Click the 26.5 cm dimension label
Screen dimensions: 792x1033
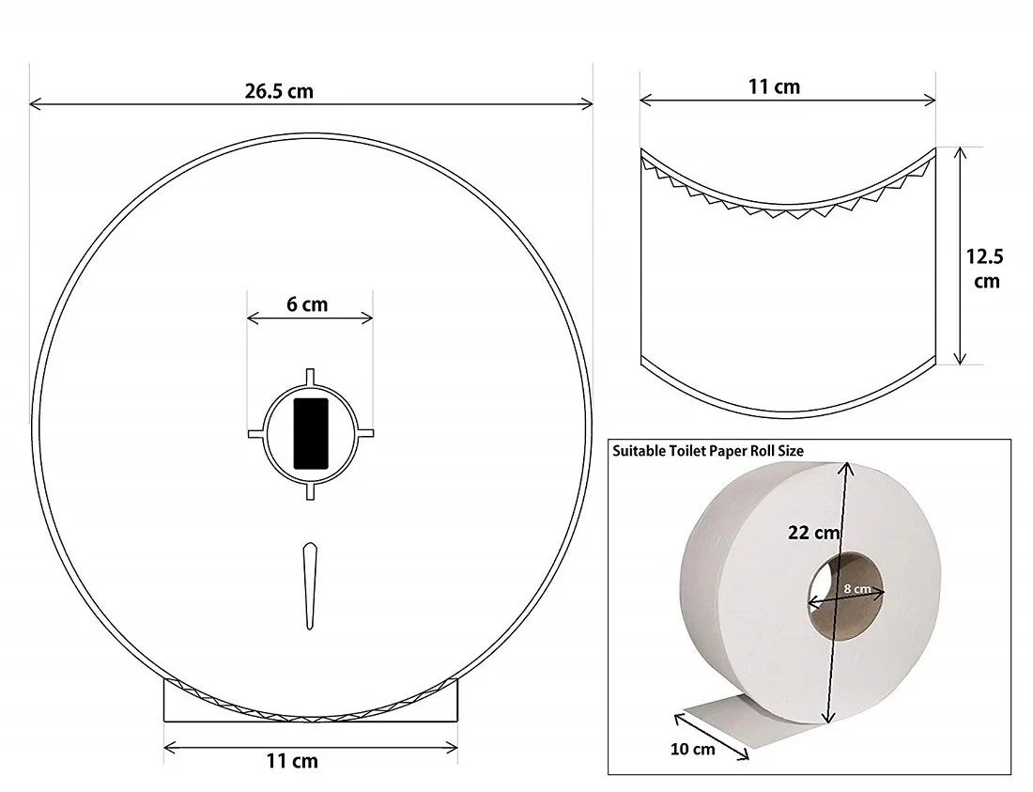[x=279, y=91]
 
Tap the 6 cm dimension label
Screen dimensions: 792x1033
[x=309, y=304]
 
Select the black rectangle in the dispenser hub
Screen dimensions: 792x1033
[x=311, y=433]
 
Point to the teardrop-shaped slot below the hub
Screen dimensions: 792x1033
[x=311, y=585]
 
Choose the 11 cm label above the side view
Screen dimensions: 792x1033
[x=774, y=86]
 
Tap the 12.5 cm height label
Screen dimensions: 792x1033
[x=986, y=267]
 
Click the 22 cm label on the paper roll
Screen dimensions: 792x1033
[x=813, y=533]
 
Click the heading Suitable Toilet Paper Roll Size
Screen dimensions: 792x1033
[x=708, y=451]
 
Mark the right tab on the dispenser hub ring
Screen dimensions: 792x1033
[x=366, y=433]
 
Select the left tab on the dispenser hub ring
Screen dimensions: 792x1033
[x=254, y=433]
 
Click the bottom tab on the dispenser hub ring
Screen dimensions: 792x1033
[x=311, y=492]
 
